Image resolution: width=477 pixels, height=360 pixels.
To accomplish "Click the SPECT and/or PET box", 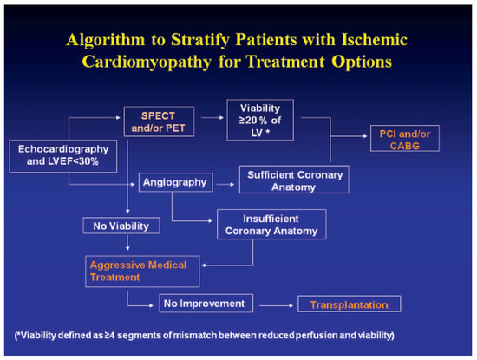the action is (x=159, y=121).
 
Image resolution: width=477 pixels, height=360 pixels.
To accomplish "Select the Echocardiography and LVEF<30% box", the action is (x=63, y=156).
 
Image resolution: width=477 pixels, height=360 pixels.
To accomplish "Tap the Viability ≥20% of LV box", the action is (x=260, y=120).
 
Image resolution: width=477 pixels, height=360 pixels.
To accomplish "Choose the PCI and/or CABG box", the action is (x=405, y=138).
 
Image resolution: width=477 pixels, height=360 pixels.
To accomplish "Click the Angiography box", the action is (x=175, y=182).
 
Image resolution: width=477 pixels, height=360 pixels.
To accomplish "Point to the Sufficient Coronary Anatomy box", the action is (x=294, y=180).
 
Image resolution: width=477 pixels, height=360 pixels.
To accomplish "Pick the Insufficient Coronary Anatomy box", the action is (x=271, y=225).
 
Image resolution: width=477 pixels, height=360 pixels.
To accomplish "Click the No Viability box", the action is (x=121, y=226).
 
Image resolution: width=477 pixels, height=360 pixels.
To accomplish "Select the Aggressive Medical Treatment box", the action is (x=142, y=272).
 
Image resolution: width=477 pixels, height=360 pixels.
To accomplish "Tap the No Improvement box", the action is (x=206, y=304).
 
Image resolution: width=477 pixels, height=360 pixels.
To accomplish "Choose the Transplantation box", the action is (x=350, y=304).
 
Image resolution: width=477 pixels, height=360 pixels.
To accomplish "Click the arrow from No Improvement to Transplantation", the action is (x=276, y=305).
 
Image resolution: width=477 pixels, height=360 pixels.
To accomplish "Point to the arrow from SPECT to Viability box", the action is (x=212, y=117).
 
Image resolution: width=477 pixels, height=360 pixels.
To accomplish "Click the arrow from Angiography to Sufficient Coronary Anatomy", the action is (x=225, y=184).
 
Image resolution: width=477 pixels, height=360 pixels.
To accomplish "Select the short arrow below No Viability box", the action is (x=127, y=243).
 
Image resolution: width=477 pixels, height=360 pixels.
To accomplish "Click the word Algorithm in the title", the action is (x=106, y=40).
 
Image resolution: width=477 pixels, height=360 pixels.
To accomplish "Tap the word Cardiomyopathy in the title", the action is (x=147, y=62).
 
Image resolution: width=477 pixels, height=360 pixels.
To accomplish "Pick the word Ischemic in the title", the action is (x=375, y=40).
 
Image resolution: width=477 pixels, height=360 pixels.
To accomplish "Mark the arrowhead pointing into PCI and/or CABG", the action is (x=365, y=136).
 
